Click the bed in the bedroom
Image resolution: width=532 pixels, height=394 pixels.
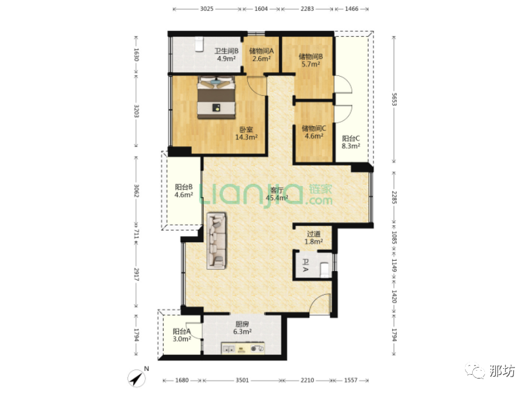(x=216, y=98)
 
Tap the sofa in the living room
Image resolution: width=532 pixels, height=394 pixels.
(x=217, y=241)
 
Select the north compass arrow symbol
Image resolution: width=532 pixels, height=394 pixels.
(x=137, y=378)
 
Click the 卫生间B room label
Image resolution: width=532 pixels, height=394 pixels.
(x=226, y=51)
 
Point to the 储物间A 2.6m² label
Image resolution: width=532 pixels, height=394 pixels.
(x=261, y=55)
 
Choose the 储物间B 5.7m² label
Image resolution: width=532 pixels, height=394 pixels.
(x=310, y=60)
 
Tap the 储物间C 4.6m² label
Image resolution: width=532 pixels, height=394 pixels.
(x=314, y=132)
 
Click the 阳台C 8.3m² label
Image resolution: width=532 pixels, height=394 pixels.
(x=351, y=142)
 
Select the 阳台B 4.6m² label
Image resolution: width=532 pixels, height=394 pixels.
(x=184, y=191)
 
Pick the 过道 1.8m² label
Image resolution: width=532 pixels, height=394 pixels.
(x=314, y=238)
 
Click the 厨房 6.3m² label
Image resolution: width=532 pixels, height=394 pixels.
(x=242, y=328)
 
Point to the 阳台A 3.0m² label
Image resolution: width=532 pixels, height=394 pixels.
(x=182, y=335)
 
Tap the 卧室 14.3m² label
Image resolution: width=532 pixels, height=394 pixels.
(x=246, y=133)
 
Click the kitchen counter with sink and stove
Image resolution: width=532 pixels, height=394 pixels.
(x=243, y=348)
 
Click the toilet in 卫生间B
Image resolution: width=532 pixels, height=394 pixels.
(x=199, y=44)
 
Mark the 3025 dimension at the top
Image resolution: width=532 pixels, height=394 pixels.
(x=207, y=9)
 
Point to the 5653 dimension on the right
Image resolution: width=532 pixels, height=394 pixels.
(x=394, y=99)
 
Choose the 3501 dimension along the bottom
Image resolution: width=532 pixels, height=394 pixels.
(x=242, y=380)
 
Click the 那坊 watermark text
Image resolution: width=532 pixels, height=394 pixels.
(x=502, y=371)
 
